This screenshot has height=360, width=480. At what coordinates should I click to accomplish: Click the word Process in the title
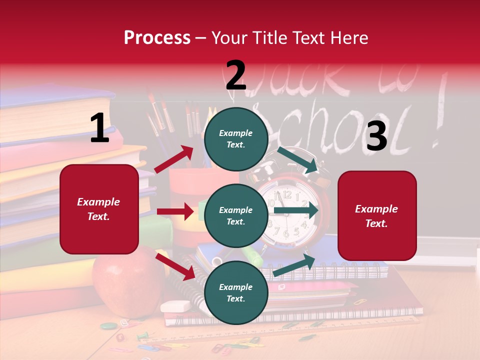point(157,38)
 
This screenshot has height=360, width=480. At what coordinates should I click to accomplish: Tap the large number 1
point(99,128)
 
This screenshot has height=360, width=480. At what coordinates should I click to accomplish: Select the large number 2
point(236,75)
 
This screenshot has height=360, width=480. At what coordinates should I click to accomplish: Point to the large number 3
point(376,136)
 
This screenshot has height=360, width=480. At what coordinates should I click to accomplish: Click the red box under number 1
point(99,209)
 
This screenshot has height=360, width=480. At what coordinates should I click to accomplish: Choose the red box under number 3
point(377,215)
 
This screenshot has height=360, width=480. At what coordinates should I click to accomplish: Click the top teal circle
point(236,139)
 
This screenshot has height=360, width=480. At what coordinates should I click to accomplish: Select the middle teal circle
point(236,216)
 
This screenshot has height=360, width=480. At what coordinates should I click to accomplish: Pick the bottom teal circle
point(236,293)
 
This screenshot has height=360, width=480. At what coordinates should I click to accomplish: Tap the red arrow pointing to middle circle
point(175,211)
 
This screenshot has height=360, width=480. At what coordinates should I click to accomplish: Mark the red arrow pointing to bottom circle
point(175,266)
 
